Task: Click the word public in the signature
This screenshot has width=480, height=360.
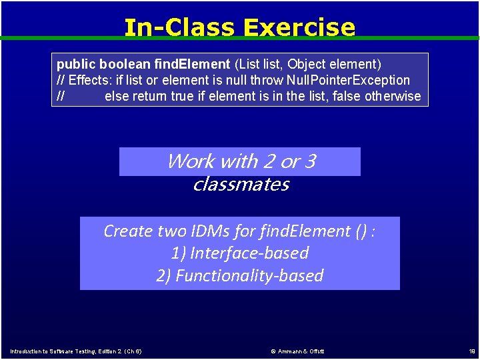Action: (x=76, y=64)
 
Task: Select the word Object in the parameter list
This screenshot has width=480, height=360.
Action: (x=306, y=64)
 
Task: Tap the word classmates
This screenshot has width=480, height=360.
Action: (x=240, y=184)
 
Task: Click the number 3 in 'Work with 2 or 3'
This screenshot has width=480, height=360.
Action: (x=309, y=161)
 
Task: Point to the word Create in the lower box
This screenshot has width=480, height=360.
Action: (x=128, y=231)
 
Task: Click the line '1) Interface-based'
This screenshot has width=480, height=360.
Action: (x=240, y=253)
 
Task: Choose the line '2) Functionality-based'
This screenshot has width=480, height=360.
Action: (x=240, y=276)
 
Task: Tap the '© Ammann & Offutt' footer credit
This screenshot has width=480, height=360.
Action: (x=297, y=351)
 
